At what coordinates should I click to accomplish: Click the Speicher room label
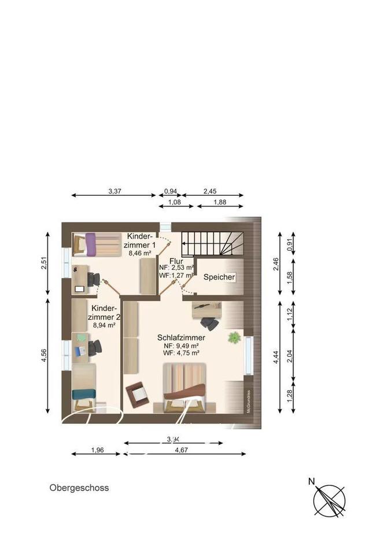click(x=219, y=277)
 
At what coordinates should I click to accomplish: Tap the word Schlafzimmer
click(x=181, y=337)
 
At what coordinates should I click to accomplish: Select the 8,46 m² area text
click(x=140, y=253)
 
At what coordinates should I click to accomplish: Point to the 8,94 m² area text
click(x=103, y=325)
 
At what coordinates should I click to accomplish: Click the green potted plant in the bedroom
click(x=235, y=337)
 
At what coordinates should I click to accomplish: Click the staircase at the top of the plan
click(x=213, y=244)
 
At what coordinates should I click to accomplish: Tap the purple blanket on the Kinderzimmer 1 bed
click(x=91, y=244)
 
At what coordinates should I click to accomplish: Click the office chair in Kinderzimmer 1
click(x=93, y=279)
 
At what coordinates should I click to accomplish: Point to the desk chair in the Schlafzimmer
click(x=209, y=323)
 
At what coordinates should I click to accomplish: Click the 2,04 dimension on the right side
click(x=298, y=355)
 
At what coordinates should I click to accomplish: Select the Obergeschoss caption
click(x=79, y=488)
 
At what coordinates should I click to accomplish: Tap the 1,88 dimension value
click(x=220, y=202)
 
